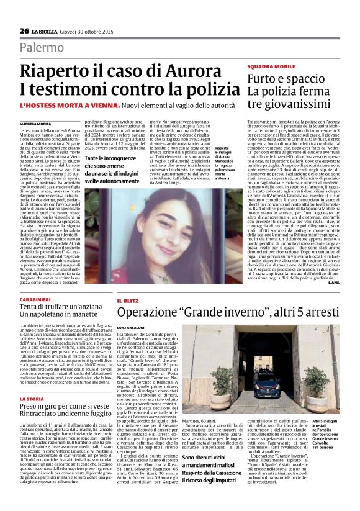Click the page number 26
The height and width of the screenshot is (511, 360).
coord(24,31)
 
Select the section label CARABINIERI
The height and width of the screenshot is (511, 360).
coord(37,300)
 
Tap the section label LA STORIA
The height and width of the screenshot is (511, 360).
coord(32,399)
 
